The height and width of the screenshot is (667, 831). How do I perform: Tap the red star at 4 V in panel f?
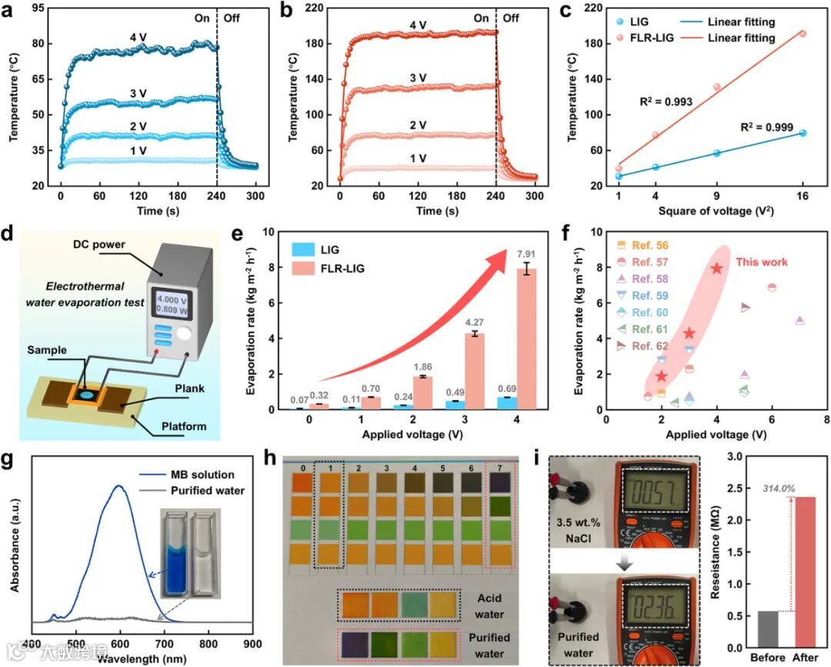pos(716,268)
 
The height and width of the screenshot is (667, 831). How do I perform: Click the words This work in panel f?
pos(761,262)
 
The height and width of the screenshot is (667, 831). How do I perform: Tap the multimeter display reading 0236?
pos(656,598)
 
